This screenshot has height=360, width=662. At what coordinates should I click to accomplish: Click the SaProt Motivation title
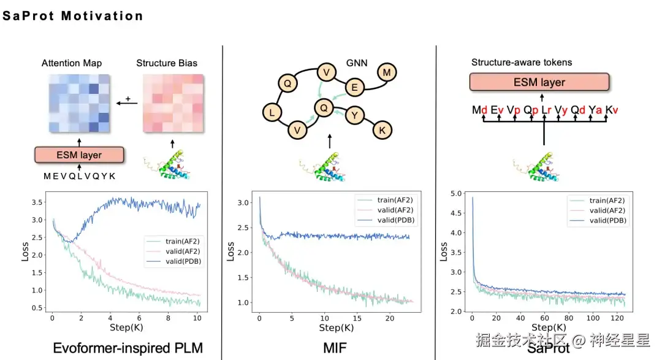73,16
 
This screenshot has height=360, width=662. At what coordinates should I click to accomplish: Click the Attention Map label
72,63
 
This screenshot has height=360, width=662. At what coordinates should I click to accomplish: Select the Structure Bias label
167,63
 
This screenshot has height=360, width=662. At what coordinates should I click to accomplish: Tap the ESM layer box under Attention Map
80,155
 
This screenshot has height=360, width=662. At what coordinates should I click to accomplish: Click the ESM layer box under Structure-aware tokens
539,82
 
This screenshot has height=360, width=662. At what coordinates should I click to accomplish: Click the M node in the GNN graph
387,73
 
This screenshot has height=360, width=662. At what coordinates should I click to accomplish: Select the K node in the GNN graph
382,129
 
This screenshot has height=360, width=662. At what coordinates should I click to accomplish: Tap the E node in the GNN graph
354,88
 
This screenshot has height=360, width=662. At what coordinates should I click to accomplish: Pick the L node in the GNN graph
272,112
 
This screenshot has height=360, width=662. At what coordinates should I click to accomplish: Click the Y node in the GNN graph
355,114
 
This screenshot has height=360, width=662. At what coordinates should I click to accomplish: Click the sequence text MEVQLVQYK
79,176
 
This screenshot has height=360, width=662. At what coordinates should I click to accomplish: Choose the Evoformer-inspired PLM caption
127,348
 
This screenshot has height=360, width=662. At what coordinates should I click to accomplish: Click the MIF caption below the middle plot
335,348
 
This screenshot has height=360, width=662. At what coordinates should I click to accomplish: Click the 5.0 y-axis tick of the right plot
457,194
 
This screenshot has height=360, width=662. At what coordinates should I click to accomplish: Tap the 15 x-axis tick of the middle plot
357,319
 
